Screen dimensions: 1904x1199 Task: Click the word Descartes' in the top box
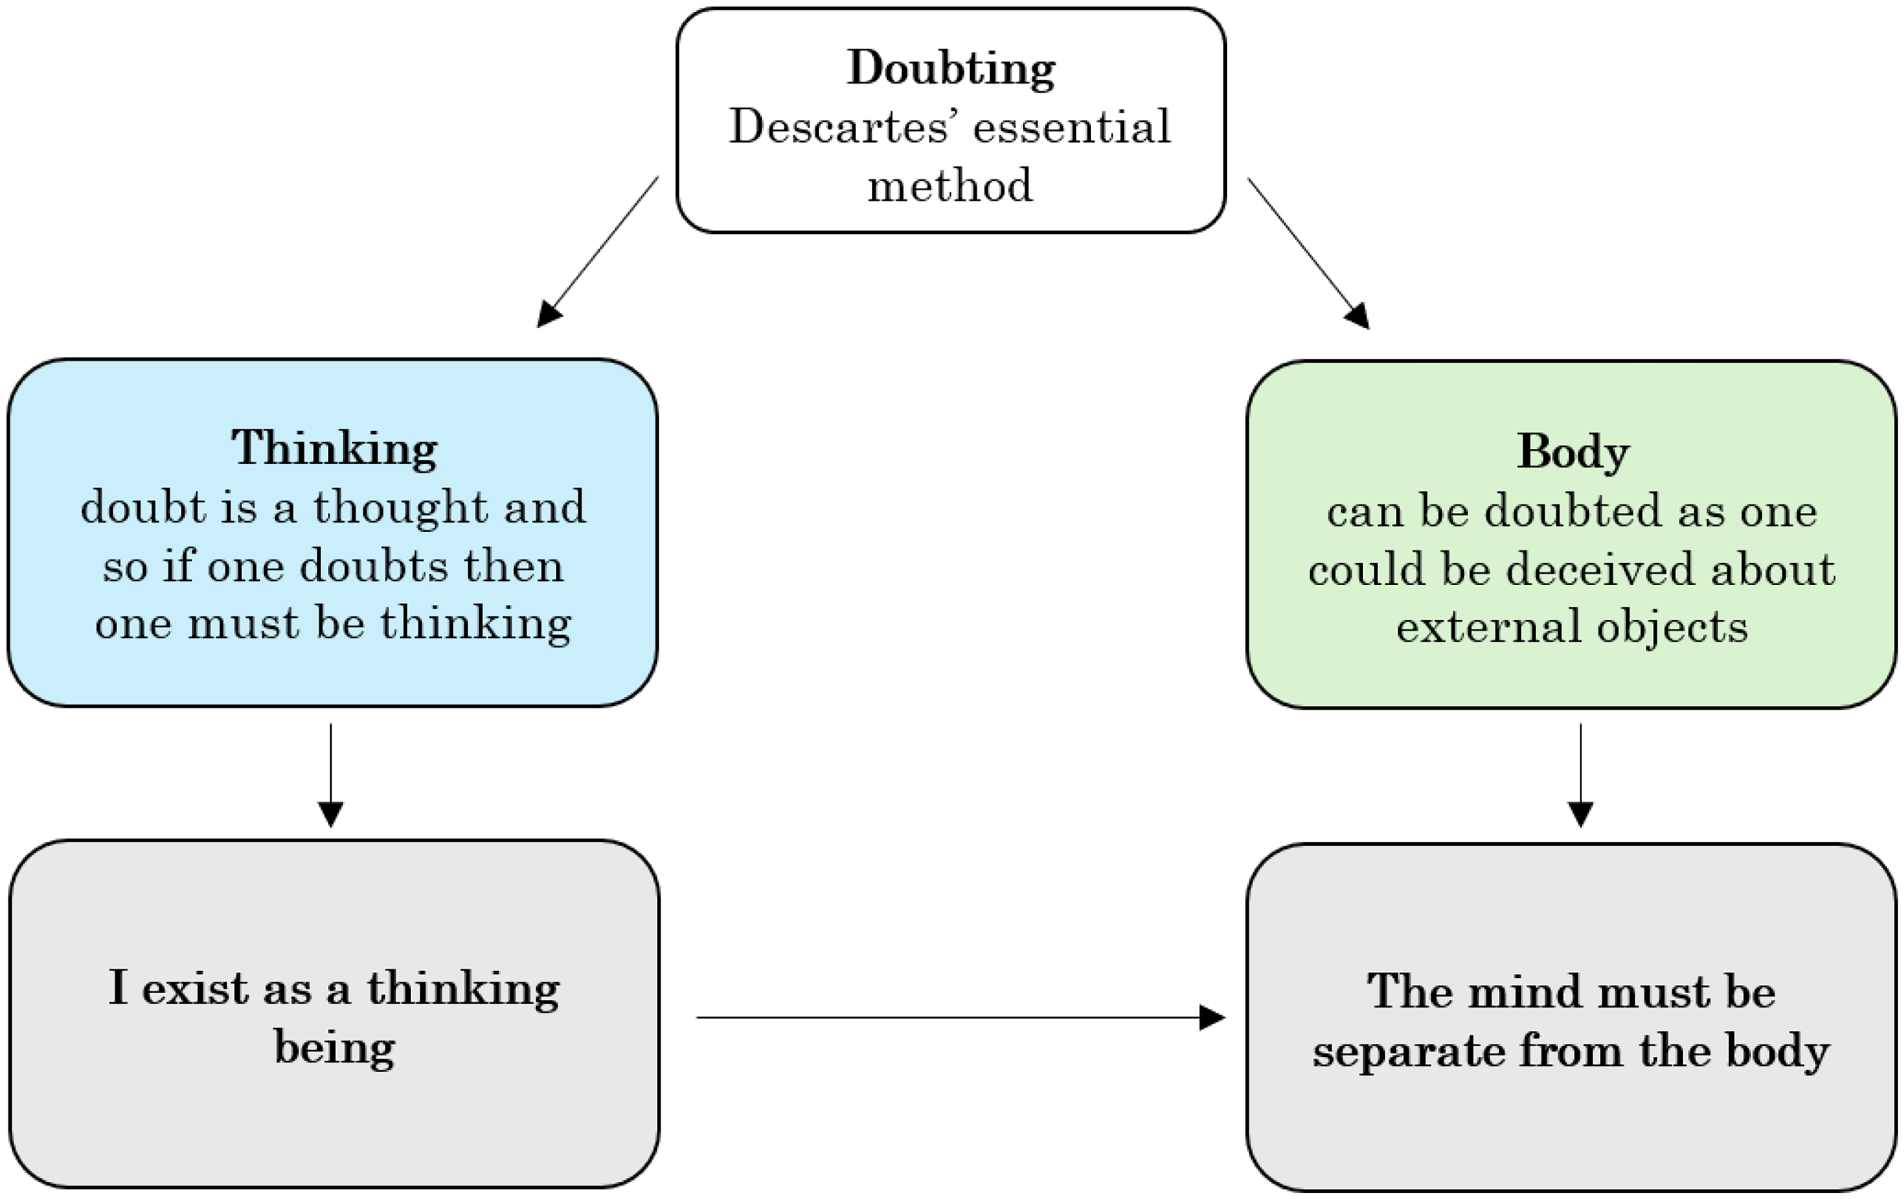point(839,127)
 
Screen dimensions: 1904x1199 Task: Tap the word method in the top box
point(950,186)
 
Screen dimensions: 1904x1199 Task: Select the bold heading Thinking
point(334,450)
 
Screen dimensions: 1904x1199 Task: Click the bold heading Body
point(1573,453)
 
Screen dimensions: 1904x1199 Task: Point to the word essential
point(1072,127)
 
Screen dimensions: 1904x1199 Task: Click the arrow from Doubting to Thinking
point(598,252)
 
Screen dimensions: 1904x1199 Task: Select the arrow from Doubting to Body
point(1308,253)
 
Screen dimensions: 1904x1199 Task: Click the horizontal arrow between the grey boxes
point(961,1017)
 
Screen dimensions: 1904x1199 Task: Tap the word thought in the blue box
point(400,507)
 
